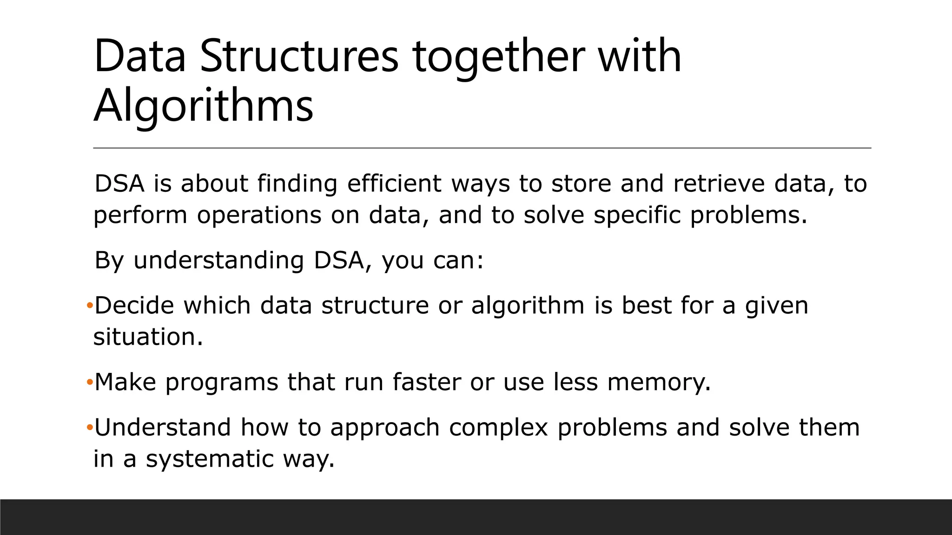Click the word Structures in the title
coord(299,57)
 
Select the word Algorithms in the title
coord(204,106)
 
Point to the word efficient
coord(394,183)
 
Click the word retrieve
coord(719,183)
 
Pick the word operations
coord(259,215)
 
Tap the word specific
coord(637,215)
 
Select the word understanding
coord(218,260)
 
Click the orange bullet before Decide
coord(90,306)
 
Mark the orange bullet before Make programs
coord(90,382)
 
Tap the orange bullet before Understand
coord(90,427)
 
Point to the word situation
coord(148,337)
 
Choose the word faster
coord(427,382)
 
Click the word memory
coord(659,383)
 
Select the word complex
coord(498,428)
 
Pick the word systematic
coord(210,459)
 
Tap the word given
coord(776,307)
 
